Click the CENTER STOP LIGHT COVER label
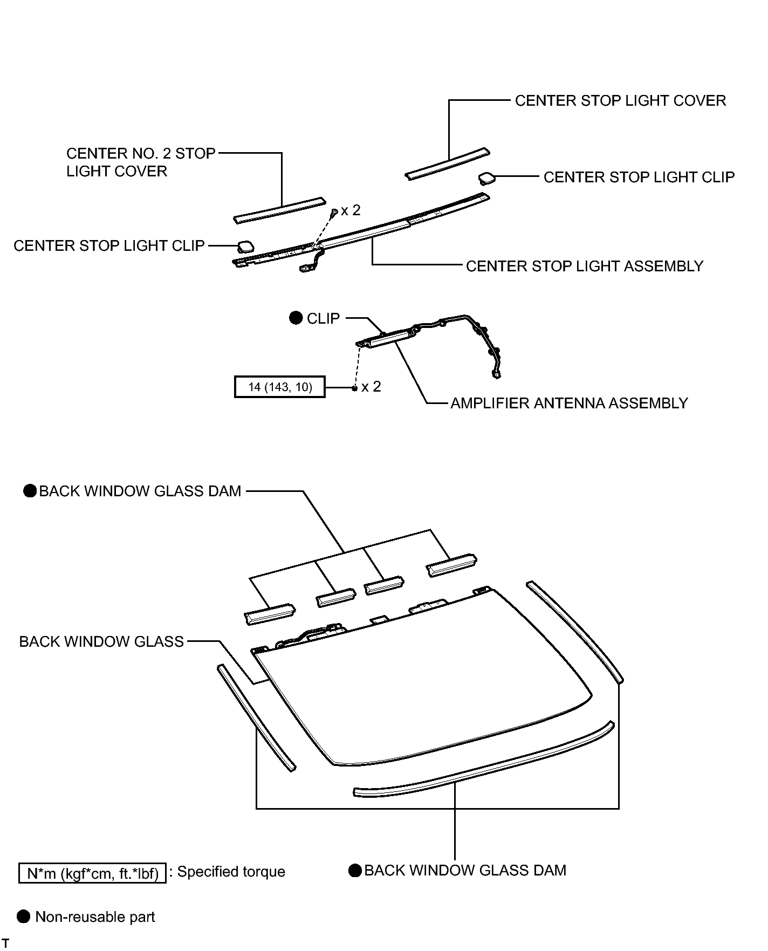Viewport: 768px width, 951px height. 620,101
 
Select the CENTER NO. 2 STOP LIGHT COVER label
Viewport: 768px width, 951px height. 140,162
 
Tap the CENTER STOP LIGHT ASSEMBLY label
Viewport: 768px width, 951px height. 585,266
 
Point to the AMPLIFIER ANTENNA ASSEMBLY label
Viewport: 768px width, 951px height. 569,403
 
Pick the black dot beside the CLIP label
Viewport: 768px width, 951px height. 296,318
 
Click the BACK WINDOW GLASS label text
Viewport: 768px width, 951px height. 101,642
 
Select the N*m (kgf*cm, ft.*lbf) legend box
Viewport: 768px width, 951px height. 92,873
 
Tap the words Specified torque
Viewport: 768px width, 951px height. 231,872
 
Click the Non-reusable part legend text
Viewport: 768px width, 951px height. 95,917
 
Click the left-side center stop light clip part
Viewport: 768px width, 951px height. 245,247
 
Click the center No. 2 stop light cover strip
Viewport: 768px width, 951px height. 279,210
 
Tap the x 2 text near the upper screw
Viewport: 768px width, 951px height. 351,210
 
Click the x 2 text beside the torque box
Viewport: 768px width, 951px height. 371,387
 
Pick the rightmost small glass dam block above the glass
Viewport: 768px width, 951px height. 451,565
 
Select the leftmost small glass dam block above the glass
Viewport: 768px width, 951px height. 270,614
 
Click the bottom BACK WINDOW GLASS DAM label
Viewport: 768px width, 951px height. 465,871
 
